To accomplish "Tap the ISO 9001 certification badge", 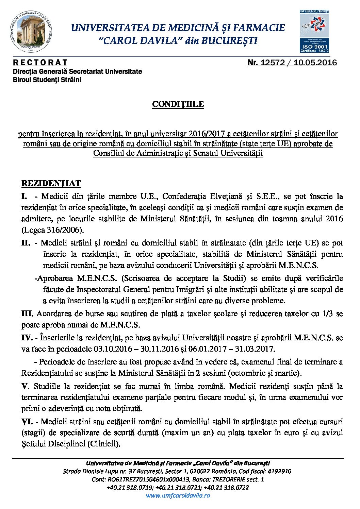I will coord(314,32).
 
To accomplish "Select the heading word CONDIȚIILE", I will coord(178,104).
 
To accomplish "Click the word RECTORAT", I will coord(40,63).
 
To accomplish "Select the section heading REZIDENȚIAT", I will coord(51,184).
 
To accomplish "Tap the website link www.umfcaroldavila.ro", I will coord(178,495).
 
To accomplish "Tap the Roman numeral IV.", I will coord(27,338).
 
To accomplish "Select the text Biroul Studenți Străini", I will coord(47,80).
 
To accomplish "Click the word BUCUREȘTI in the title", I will coord(229,41).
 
